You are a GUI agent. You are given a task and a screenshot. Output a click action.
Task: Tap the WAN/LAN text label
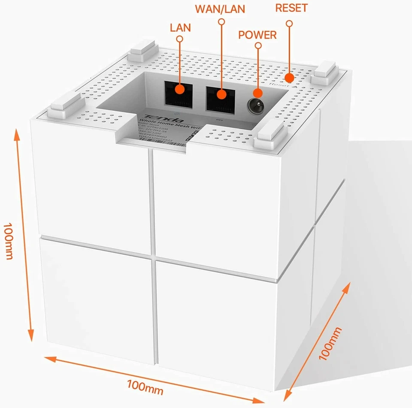pos(221,9)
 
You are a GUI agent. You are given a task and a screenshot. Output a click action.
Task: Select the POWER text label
pos(257,35)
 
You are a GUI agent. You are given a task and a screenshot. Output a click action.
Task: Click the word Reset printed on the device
pos(278,85)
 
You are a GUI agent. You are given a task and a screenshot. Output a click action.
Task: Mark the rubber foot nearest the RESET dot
pos(327,70)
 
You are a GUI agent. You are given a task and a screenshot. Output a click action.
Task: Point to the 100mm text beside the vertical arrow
pos(8,241)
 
